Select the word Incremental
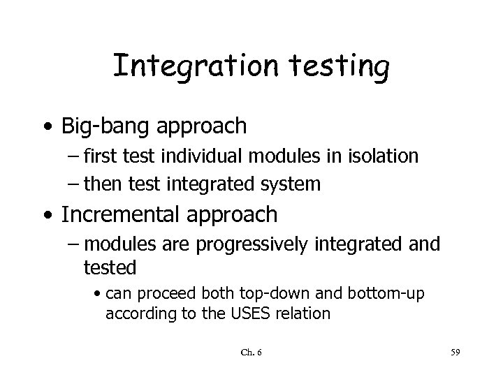(x=122, y=214)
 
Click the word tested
(x=110, y=267)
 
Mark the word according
(x=136, y=313)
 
